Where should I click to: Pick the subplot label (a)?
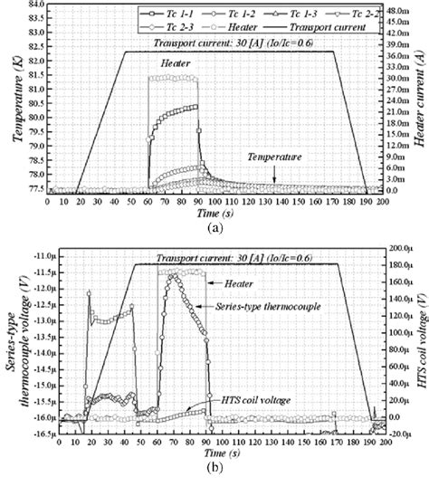pyautogui.click(x=214, y=230)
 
